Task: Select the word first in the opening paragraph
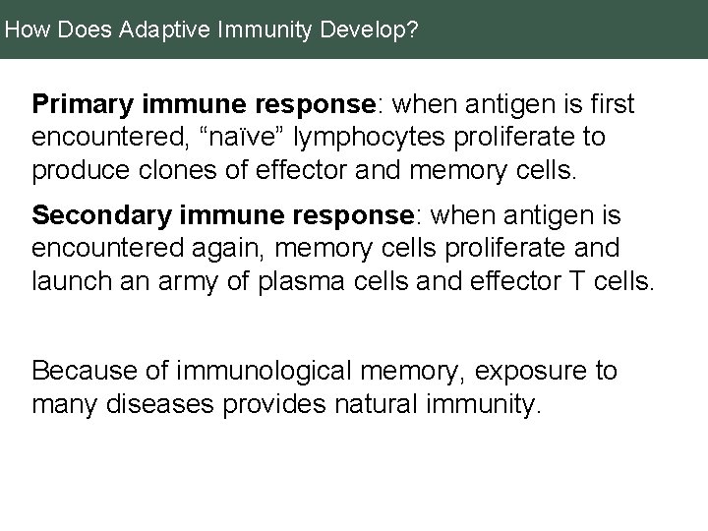pyautogui.click(x=613, y=103)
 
